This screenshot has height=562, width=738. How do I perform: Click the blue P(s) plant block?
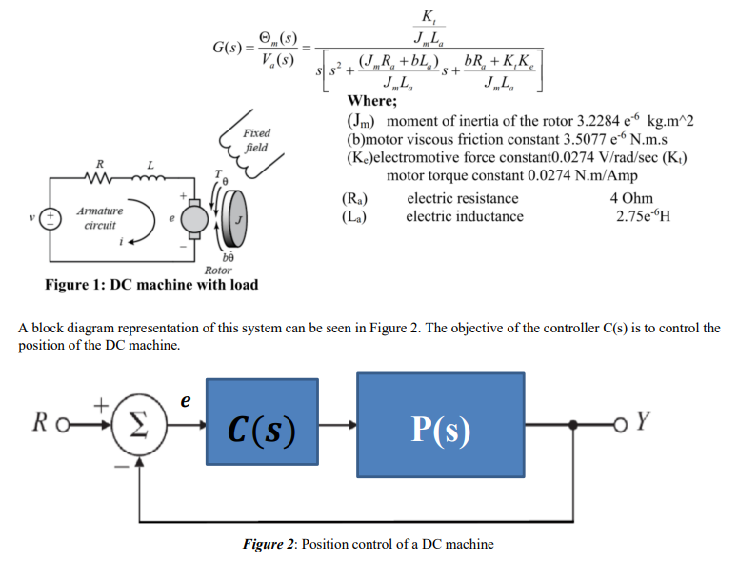tap(440, 430)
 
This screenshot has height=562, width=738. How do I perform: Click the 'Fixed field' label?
tap(256, 140)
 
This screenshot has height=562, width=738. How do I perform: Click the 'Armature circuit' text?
tap(99, 219)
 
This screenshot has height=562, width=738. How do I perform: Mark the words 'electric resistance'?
tap(462, 198)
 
